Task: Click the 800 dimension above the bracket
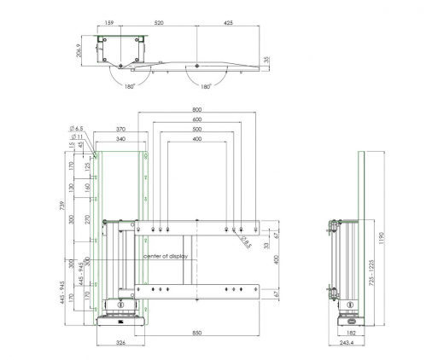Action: pos(197,110)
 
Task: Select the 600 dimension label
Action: pos(197,119)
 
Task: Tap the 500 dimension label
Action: pos(197,129)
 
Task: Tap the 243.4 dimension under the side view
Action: pos(345,344)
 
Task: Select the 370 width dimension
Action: pos(121,129)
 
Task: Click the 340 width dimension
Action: pos(121,138)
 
